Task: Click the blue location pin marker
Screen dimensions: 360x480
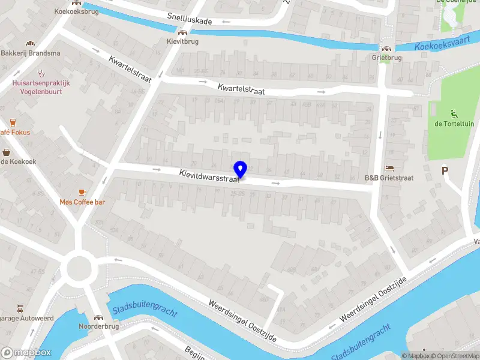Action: (x=241, y=169)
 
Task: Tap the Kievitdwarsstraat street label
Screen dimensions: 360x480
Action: (x=209, y=175)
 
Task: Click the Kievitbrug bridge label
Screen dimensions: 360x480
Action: (x=182, y=42)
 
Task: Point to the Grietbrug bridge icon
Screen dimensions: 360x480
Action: (x=386, y=49)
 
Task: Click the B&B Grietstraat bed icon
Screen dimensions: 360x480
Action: (x=389, y=169)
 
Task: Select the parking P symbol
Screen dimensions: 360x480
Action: (x=445, y=170)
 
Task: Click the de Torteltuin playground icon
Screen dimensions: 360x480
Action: (x=454, y=114)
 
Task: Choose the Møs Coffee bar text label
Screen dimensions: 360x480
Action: (x=82, y=202)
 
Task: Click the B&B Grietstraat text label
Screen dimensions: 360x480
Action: (x=389, y=178)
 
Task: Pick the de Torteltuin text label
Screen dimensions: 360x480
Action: (x=454, y=124)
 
